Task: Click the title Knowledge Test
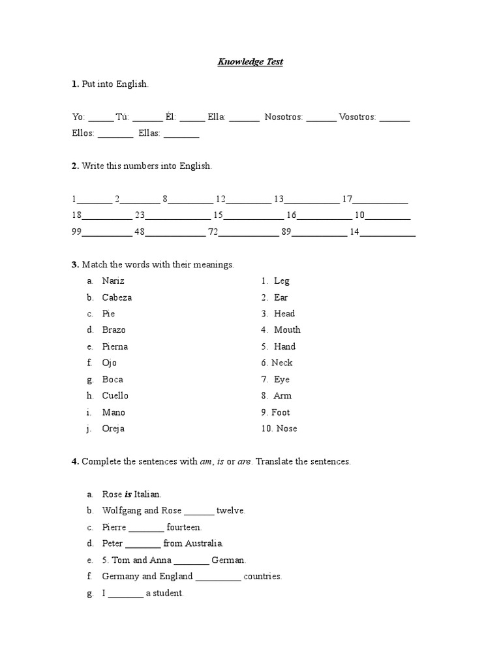[250, 62]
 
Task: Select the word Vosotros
[357, 117]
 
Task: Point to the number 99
[77, 232]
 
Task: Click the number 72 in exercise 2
[213, 232]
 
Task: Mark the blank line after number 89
[319, 234]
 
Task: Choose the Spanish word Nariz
[113, 281]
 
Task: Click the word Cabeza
[117, 297]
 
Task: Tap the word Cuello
[115, 396]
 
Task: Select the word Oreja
[114, 429]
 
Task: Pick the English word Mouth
[287, 330]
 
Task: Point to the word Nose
[286, 429]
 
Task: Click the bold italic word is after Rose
[128, 494]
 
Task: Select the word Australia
[204, 543]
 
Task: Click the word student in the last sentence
[168, 593]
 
